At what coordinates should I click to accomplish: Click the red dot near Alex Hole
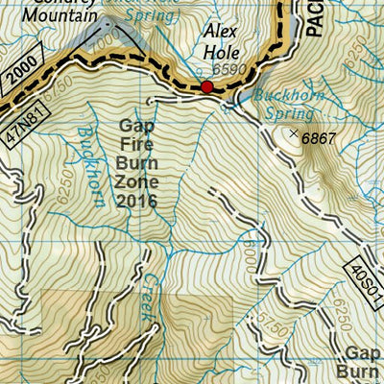pyautogui.click(x=206, y=87)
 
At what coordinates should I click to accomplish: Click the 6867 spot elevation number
pyautogui.click(x=320, y=138)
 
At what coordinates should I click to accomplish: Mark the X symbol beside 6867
pyautogui.click(x=294, y=133)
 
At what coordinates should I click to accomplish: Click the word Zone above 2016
pyautogui.click(x=135, y=182)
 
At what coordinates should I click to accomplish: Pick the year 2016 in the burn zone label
pyautogui.click(x=135, y=202)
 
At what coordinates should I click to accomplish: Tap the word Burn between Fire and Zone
pyautogui.click(x=135, y=164)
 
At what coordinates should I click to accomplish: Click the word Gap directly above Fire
pyautogui.click(x=135, y=126)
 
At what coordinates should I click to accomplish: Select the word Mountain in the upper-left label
pyautogui.click(x=63, y=16)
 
